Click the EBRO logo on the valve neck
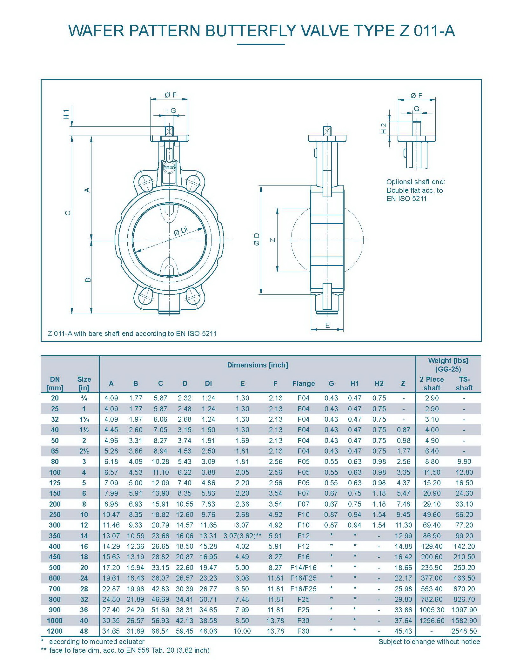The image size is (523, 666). point(169,167)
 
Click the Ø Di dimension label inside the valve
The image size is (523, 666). point(181,231)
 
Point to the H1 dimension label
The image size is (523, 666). point(66,114)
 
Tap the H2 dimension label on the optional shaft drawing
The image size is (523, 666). point(384,128)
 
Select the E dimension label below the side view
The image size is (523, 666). point(327,325)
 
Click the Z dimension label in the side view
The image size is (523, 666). point(273,240)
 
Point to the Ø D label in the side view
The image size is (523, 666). point(257,239)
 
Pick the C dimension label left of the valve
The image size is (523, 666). point(68,213)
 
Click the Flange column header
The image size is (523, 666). point(304,384)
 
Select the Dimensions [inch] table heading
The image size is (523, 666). point(258,365)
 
